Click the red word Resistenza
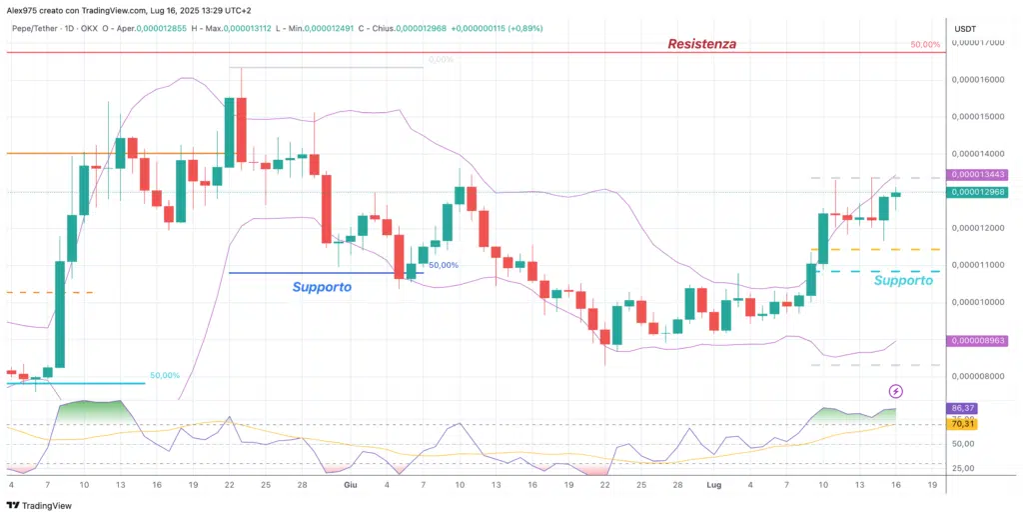pyautogui.click(x=702, y=44)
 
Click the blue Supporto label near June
pyautogui.click(x=322, y=287)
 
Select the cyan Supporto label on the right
pyautogui.click(x=903, y=281)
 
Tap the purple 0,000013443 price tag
pyautogui.click(x=977, y=176)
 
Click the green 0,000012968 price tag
pyautogui.click(x=977, y=192)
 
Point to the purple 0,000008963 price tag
pyautogui.click(x=977, y=341)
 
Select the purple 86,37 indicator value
pyautogui.click(x=963, y=408)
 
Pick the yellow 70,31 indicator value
pyautogui.click(x=963, y=424)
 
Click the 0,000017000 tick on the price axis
pyautogui.click(x=978, y=43)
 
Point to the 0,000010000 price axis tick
pyautogui.click(x=978, y=302)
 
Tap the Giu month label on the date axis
pyautogui.click(x=350, y=484)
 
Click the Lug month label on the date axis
pyautogui.click(x=715, y=484)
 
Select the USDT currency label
pyautogui.click(x=965, y=28)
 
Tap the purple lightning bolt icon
pyautogui.click(x=896, y=390)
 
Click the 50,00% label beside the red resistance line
pyautogui.click(x=925, y=45)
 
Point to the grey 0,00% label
pyautogui.click(x=440, y=60)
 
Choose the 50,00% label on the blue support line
pyautogui.click(x=444, y=265)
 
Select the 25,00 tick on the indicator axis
pyautogui.click(x=962, y=468)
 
